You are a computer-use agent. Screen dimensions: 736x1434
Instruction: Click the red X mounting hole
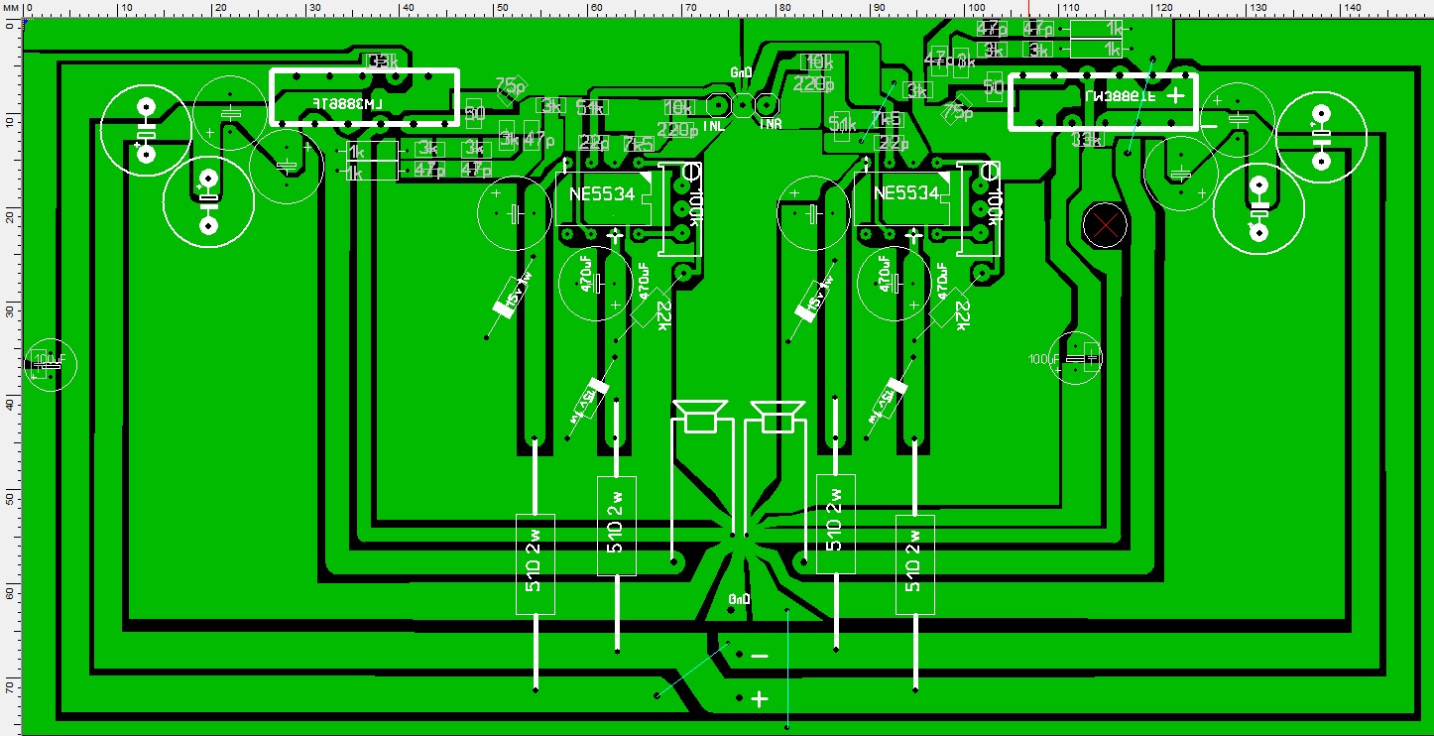pos(1105,225)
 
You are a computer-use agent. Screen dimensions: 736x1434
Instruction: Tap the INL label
pos(714,127)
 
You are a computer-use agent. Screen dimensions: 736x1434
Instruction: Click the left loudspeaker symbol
pos(700,416)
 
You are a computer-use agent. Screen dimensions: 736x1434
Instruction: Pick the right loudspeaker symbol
pos(777,416)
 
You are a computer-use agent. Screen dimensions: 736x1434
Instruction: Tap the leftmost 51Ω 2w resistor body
pos(536,563)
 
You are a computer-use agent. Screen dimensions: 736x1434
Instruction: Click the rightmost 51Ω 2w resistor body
pos(914,563)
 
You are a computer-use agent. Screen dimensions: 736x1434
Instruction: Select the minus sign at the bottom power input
pos(760,656)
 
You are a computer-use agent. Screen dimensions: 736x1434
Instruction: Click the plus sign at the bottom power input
pos(760,699)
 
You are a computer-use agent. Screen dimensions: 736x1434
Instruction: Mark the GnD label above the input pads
pos(741,72)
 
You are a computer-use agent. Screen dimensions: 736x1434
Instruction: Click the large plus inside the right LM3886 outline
pos(1175,95)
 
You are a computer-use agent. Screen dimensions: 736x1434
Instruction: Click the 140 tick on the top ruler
pos(1350,9)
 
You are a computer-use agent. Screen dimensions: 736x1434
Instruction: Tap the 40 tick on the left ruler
pos(9,405)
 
